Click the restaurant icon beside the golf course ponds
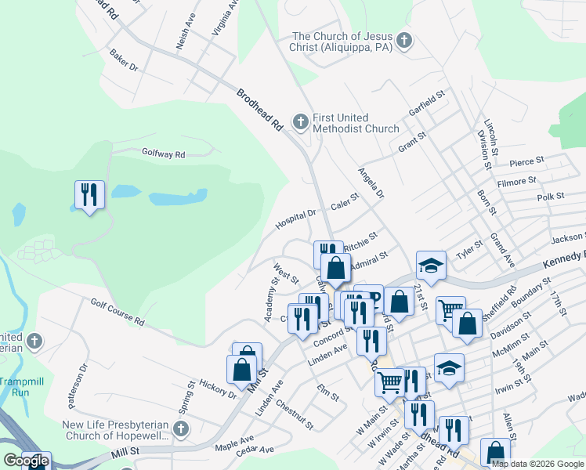tap(89, 194)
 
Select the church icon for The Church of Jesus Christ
tap(404, 41)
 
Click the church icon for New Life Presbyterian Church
tap(181, 429)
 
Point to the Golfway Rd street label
tap(163, 154)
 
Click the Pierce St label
tap(526, 161)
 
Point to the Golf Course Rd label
tap(118, 311)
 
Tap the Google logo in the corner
tap(26, 461)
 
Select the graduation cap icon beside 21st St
tap(430, 266)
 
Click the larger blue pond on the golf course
tap(178, 197)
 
